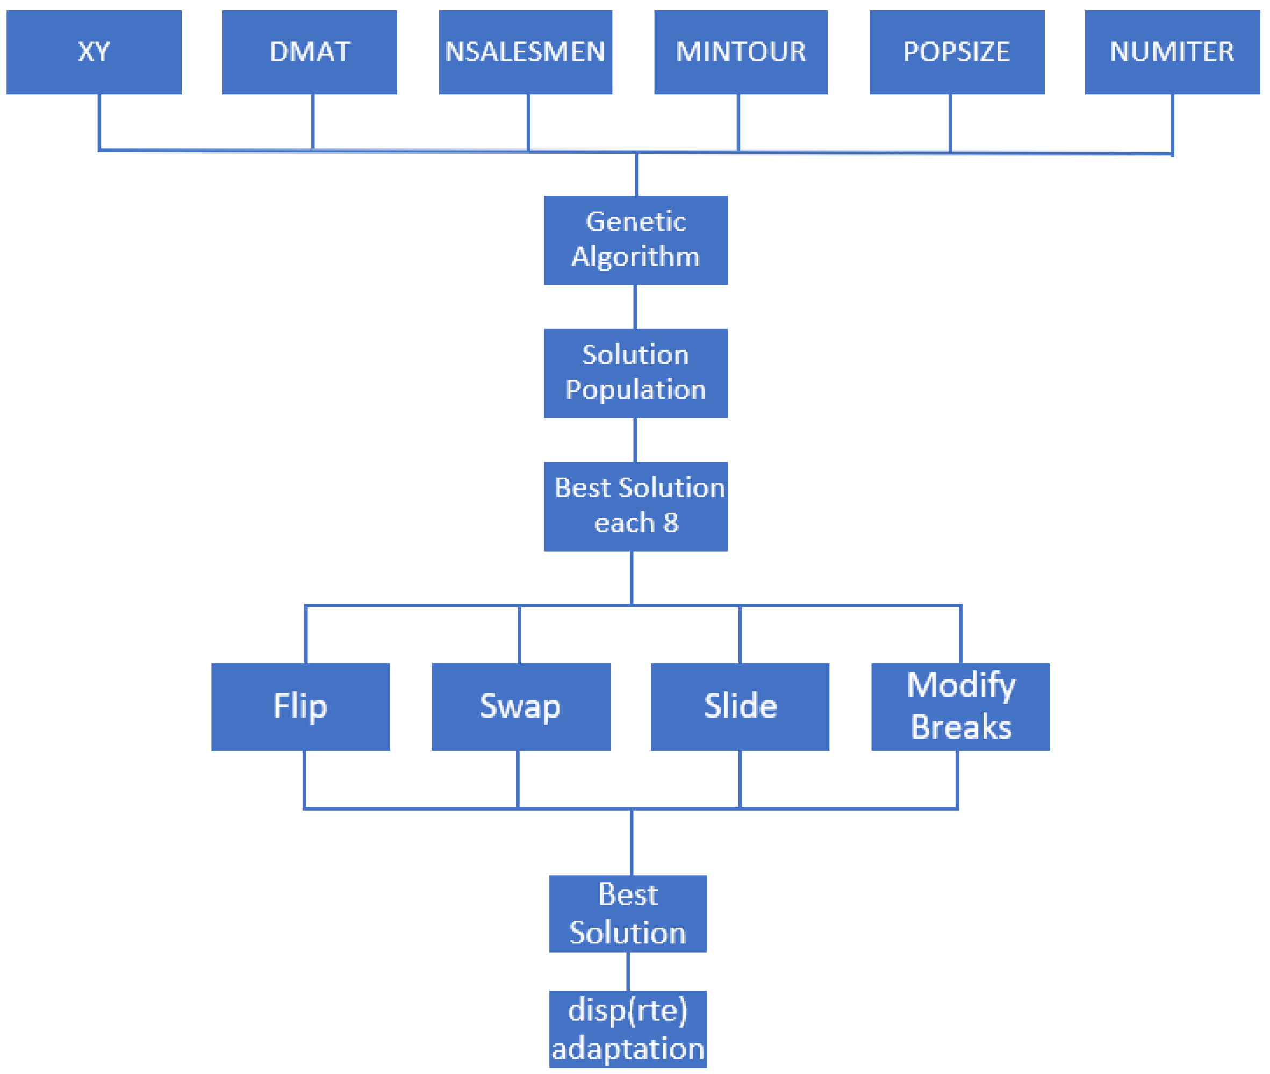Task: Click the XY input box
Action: [x=94, y=52]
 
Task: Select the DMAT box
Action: [x=309, y=52]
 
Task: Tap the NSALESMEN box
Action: [x=526, y=52]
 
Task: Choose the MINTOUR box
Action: [x=740, y=52]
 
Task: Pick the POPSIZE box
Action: [x=957, y=52]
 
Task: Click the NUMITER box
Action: [x=1172, y=52]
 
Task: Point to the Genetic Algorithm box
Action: [x=636, y=240]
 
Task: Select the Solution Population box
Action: [x=636, y=373]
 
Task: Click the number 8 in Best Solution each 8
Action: [x=671, y=523]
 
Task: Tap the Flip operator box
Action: [x=300, y=707]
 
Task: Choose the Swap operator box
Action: [x=521, y=707]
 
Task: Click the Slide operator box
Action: [x=740, y=707]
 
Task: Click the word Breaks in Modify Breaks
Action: [x=961, y=727]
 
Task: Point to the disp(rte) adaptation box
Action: [x=628, y=1029]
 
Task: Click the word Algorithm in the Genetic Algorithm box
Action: [x=636, y=256]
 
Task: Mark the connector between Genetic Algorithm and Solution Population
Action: [x=635, y=307]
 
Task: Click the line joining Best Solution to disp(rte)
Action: [x=628, y=971]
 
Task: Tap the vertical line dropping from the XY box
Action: [x=99, y=122]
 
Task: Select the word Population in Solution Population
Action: [x=636, y=390]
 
